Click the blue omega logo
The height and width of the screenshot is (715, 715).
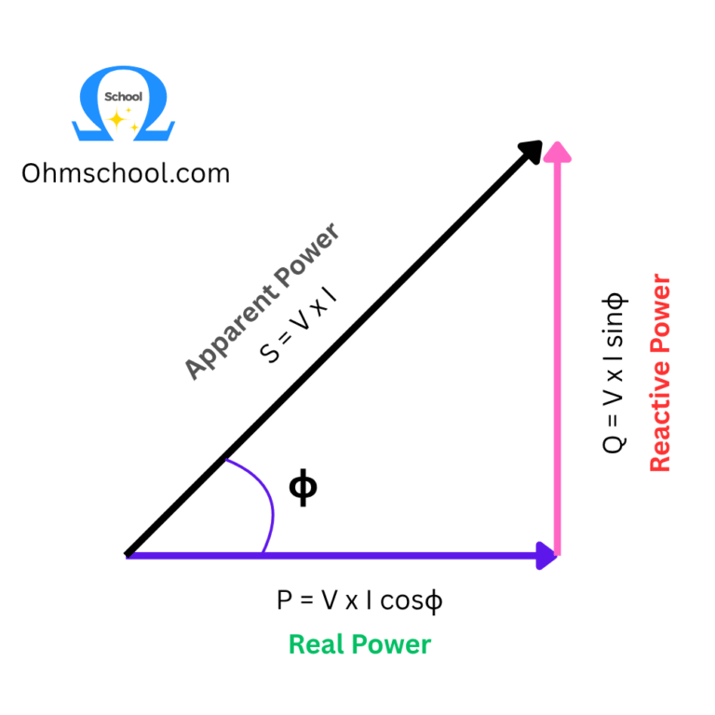(124, 101)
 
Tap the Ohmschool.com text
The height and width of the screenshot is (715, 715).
(125, 173)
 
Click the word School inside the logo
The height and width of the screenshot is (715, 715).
(124, 97)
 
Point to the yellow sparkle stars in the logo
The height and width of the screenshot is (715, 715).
(122, 120)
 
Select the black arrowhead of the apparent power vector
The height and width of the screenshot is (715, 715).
(531, 152)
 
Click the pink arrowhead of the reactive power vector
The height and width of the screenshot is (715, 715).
(557, 152)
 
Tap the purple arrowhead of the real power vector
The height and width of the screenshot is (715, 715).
(545, 556)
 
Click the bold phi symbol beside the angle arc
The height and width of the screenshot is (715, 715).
(303, 488)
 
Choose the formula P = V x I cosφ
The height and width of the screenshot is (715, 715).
(359, 600)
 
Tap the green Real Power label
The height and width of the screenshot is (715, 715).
(359, 644)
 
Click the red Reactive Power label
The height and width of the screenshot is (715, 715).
(659, 372)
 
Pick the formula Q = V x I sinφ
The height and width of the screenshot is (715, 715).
(615, 372)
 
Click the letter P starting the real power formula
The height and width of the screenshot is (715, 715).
(285, 600)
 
